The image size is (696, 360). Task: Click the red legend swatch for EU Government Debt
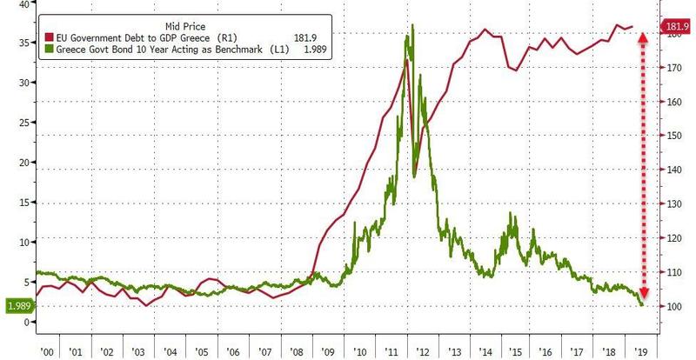pyautogui.click(x=48, y=41)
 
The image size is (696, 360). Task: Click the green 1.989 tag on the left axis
pyautogui.click(x=18, y=306)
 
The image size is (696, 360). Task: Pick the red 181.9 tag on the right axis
pyautogui.click(x=678, y=25)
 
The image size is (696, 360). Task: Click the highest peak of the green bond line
pyautogui.click(x=412, y=25)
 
